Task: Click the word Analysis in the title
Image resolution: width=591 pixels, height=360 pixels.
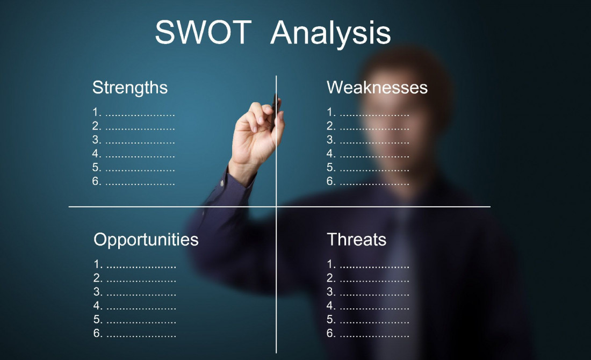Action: click(x=330, y=33)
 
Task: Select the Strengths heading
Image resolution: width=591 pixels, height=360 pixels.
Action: click(x=129, y=88)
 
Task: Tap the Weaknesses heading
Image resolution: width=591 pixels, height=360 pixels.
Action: click(x=377, y=88)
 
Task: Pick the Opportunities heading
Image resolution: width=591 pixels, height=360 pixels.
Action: click(x=146, y=240)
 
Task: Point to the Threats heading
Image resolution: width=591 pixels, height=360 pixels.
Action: click(x=356, y=240)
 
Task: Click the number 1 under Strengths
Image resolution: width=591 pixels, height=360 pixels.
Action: click(x=96, y=113)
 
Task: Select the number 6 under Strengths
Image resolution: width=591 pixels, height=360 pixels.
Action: click(x=96, y=181)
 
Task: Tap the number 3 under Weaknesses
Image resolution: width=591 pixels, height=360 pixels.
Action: click(x=330, y=140)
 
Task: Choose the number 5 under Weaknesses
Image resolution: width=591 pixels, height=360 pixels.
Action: click(x=330, y=168)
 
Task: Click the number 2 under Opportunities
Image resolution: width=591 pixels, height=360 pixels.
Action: click(x=97, y=278)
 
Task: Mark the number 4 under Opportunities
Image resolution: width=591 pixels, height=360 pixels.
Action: click(x=97, y=306)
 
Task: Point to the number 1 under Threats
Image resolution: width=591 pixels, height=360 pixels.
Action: click(x=330, y=265)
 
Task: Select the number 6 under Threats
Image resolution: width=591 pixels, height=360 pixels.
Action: click(x=330, y=333)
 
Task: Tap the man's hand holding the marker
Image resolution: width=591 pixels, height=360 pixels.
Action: click(x=257, y=134)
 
